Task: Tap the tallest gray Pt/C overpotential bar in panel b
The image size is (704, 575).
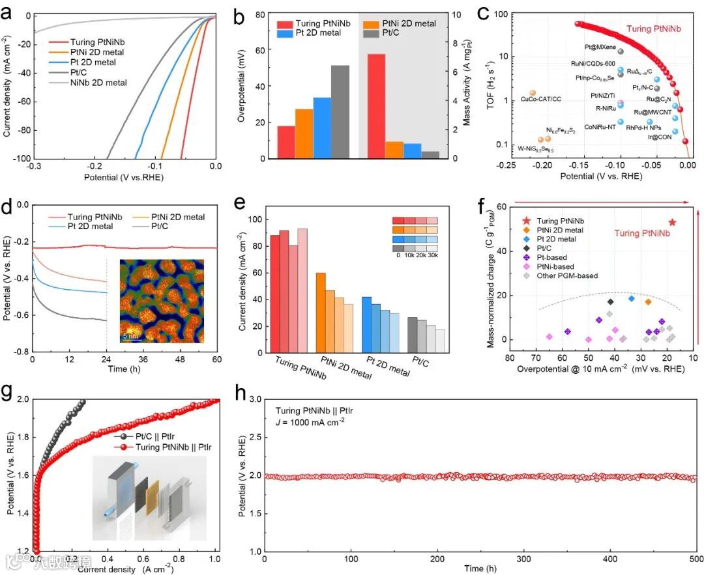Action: (340, 111)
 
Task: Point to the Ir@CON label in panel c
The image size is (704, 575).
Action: (659, 137)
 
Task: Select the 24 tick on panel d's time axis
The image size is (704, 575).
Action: (106, 360)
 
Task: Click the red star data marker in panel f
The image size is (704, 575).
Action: (672, 222)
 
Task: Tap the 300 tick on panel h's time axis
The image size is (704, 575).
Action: (524, 560)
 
